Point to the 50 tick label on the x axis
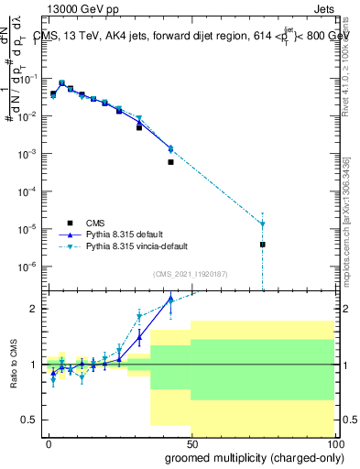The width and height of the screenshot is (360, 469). [x=192, y=443]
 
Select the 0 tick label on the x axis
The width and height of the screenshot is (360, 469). [x=49, y=443]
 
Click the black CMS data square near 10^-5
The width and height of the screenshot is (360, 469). [x=263, y=245]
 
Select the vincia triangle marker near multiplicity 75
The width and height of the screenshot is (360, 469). [x=263, y=224]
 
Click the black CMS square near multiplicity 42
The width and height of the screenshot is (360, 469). [x=170, y=162]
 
